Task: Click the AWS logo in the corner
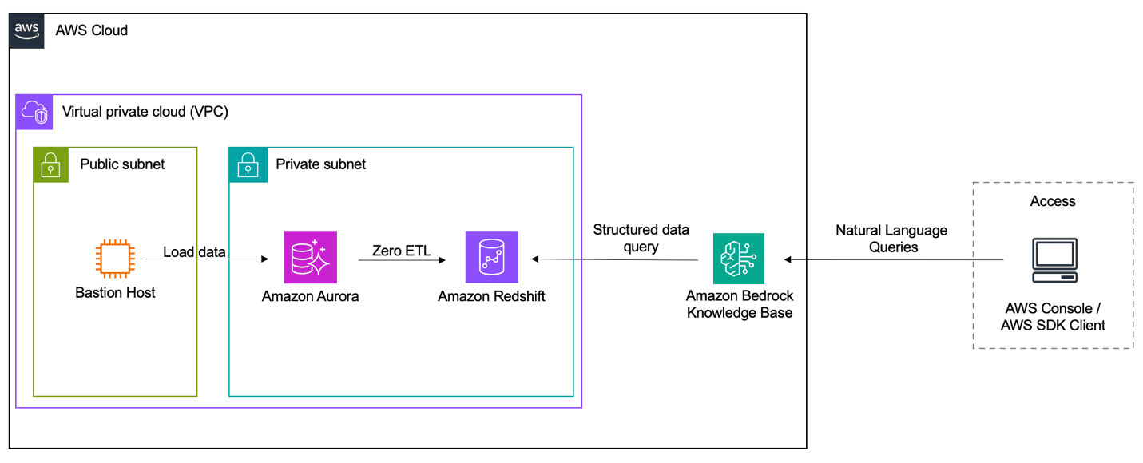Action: point(26,30)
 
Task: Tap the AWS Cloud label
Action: point(91,30)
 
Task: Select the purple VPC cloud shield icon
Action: point(34,112)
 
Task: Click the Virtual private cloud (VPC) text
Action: point(145,112)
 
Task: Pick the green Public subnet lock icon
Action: point(51,165)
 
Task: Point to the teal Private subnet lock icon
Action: point(247,165)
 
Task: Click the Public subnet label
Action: point(122,164)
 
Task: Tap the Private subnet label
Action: point(320,164)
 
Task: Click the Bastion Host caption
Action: point(115,293)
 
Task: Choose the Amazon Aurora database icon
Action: point(310,258)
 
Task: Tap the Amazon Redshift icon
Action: point(492,258)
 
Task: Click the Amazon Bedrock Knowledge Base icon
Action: point(738,259)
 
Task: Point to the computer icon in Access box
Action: point(1053,260)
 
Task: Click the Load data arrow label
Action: point(194,252)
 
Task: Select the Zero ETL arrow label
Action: point(401,251)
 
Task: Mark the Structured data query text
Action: point(641,239)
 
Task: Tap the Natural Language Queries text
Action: point(891,239)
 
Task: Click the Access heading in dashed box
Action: point(1053,201)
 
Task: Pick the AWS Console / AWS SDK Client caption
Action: point(1053,317)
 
